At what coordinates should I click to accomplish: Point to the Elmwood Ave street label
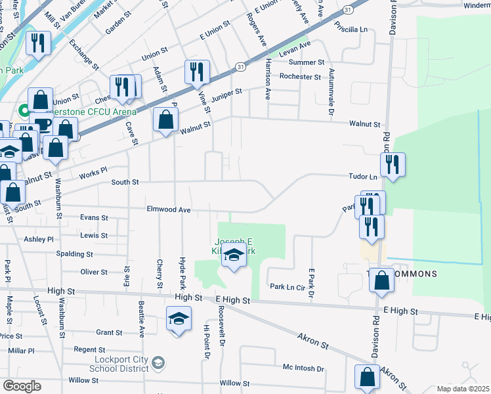coord(167,210)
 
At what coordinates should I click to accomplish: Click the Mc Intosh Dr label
coord(304,369)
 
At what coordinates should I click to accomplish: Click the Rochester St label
coord(299,77)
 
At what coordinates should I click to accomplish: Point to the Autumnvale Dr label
coord(332,93)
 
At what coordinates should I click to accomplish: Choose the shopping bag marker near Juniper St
coord(165,120)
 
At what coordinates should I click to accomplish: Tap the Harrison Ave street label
coord(268,77)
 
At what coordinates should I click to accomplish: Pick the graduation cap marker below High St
coord(177,320)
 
